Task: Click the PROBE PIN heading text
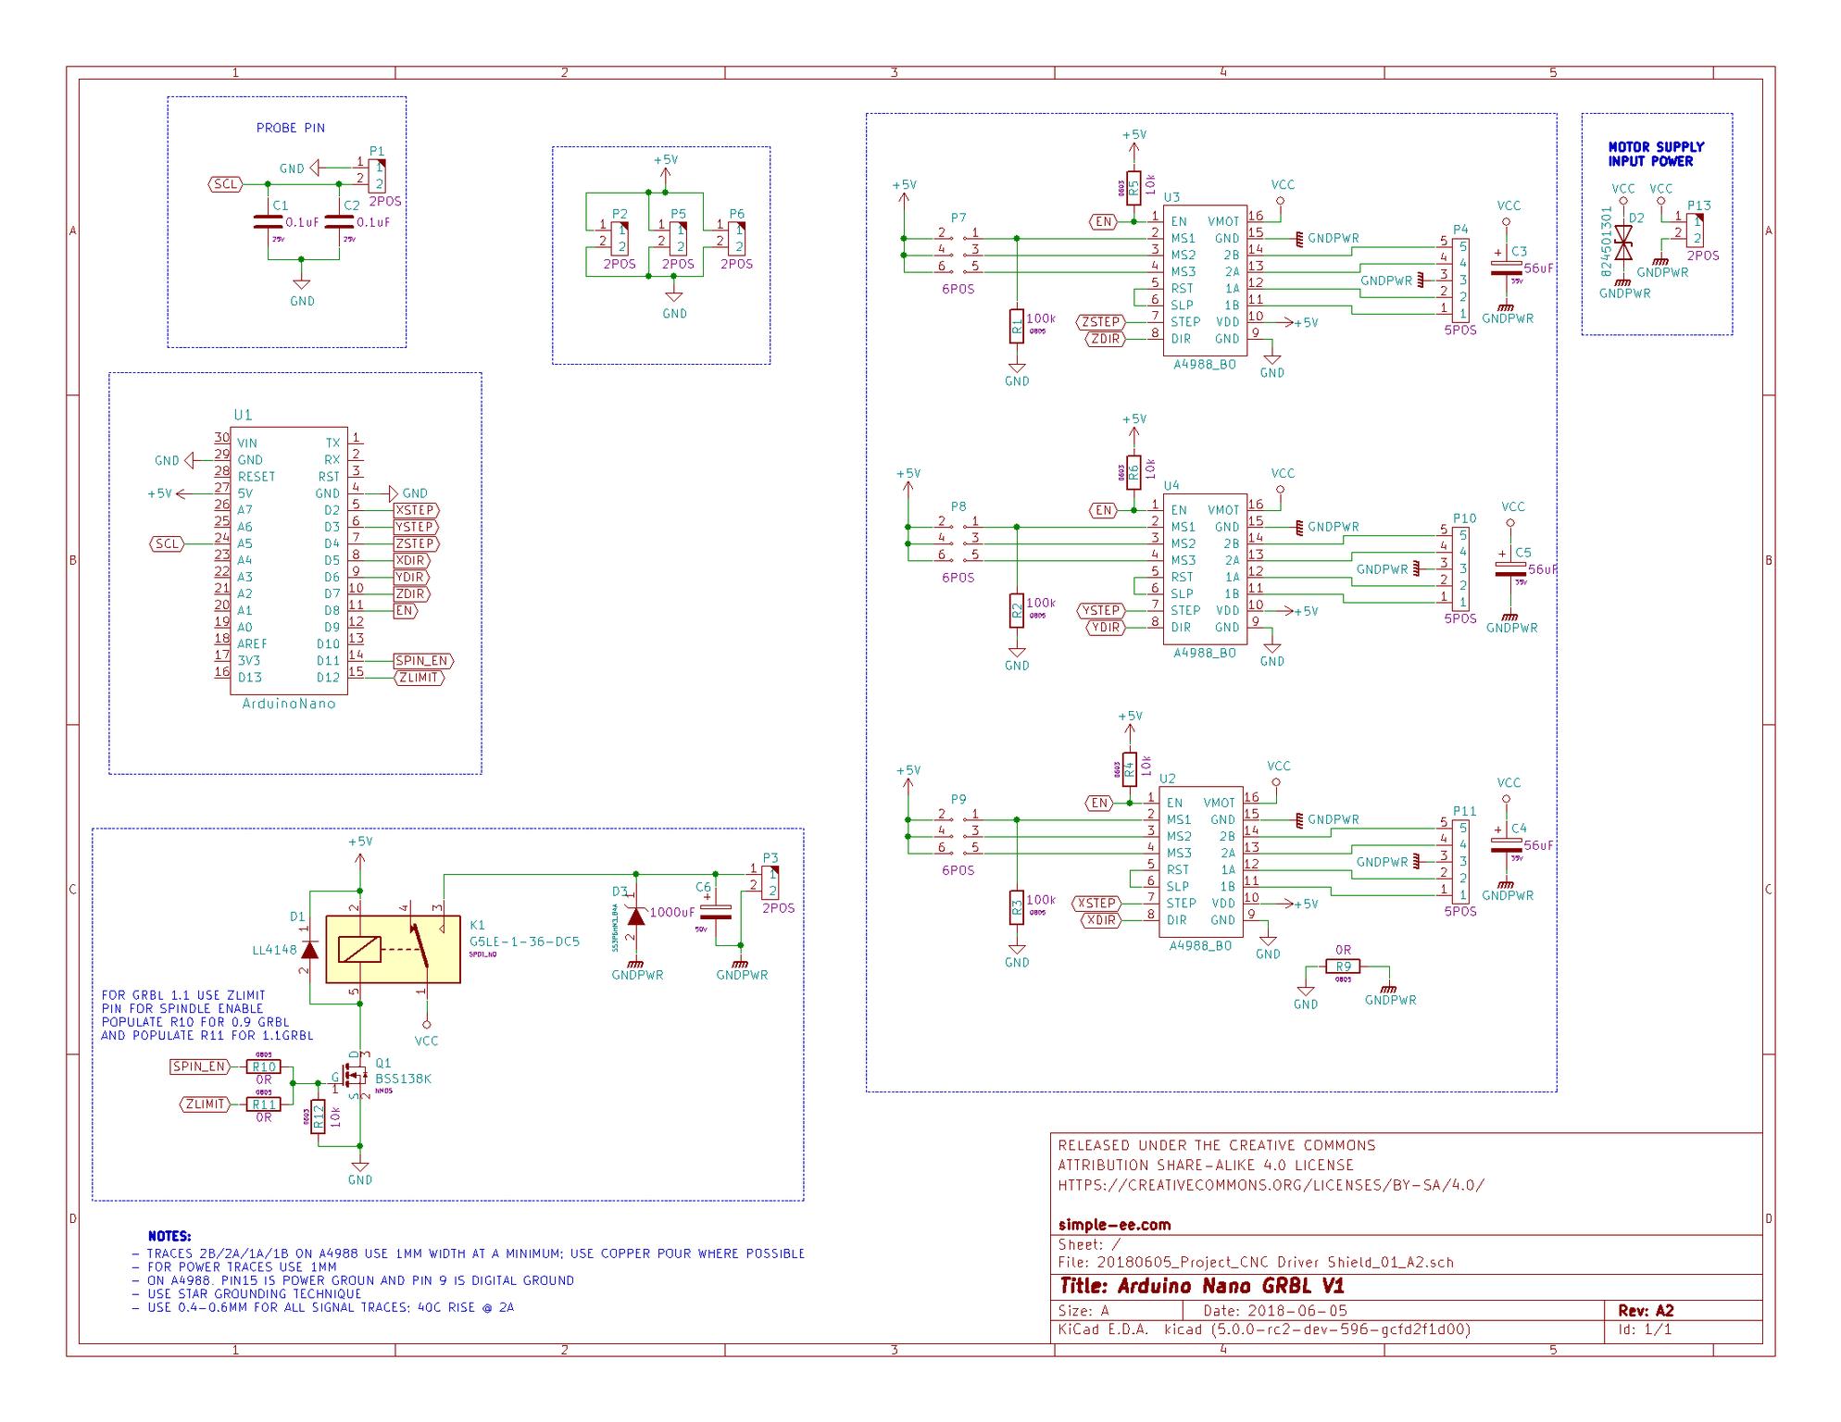click(x=290, y=128)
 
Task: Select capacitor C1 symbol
click(x=268, y=222)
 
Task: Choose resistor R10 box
click(x=264, y=1066)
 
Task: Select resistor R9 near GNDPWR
click(x=1343, y=967)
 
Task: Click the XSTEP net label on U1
click(x=415, y=510)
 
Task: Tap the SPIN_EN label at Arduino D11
click(x=422, y=661)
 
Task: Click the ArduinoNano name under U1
click(x=288, y=704)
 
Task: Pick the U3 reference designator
click(x=1171, y=197)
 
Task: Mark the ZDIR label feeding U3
click(x=1105, y=339)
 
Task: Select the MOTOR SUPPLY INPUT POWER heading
click(x=1656, y=154)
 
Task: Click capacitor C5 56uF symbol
click(x=1509, y=568)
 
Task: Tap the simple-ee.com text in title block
click(x=1114, y=1225)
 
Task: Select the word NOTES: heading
click(x=169, y=1236)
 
